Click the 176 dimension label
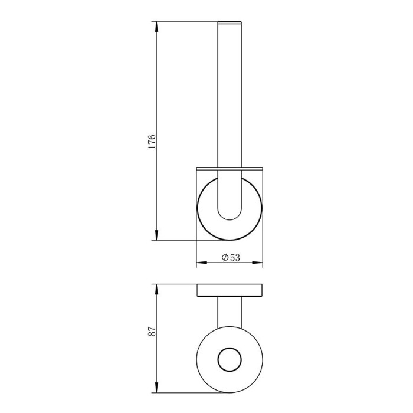click(152, 142)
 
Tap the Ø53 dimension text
click(231, 257)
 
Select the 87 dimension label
click(152, 332)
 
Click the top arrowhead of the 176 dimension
click(157, 27)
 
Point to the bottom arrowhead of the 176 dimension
click(157, 235)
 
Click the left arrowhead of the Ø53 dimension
click(202, 263)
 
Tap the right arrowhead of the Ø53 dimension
click(257, 263)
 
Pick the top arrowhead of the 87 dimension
click(157, 290)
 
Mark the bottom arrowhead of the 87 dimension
click(157, 387)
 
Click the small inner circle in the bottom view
click(230, 348)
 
